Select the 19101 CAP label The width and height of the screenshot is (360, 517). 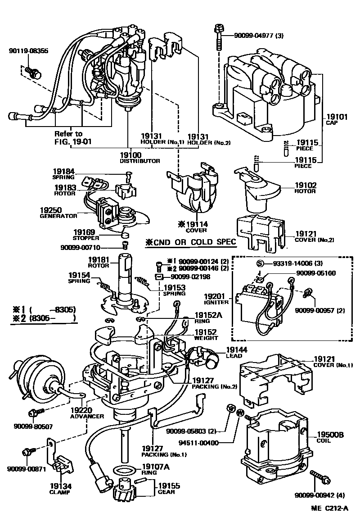336,119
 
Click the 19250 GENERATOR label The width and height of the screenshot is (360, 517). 58,213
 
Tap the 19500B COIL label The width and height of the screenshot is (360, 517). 330,437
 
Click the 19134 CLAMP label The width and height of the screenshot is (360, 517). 60,489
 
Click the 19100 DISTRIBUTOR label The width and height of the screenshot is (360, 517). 139,157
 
